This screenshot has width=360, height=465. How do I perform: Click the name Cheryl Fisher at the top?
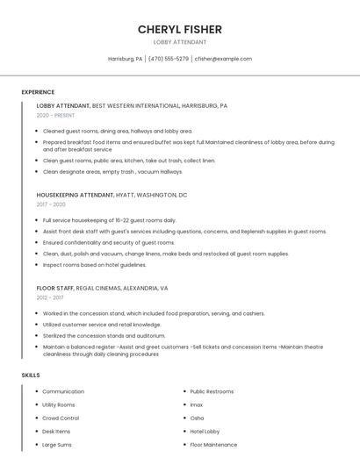(x=179, y=30)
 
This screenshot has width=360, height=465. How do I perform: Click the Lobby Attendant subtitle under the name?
(x=179, y=42)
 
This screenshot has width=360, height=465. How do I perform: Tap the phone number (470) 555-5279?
(x=169, y=59)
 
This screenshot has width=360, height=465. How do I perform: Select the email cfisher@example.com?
(x=223, y=59)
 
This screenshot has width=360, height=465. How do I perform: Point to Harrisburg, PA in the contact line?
(x=125, y=59)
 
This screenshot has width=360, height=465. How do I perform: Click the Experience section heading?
(x=38, y=92)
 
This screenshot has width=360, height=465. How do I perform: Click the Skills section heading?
(x=31, y=376)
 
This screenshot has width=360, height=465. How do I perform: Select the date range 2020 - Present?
(x=55, y=116)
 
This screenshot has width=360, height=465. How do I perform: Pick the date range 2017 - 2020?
(x=51, y=204)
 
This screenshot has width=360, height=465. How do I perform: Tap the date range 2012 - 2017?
(x=51, y=298)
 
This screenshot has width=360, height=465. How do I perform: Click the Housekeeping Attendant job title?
(x=74, y=195)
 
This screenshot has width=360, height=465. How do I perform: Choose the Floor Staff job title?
(x=54, y=288)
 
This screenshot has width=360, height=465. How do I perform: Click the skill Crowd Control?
(x=60, y=418)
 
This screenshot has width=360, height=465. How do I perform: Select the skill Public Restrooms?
(x=212, y=391)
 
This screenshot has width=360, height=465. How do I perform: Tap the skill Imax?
(x=198, y=404)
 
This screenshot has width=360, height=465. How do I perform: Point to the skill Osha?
(x=198, y=418)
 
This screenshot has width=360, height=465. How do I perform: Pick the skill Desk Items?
(x=56, y=432)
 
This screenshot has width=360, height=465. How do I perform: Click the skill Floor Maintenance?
(x=213, y=445)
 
